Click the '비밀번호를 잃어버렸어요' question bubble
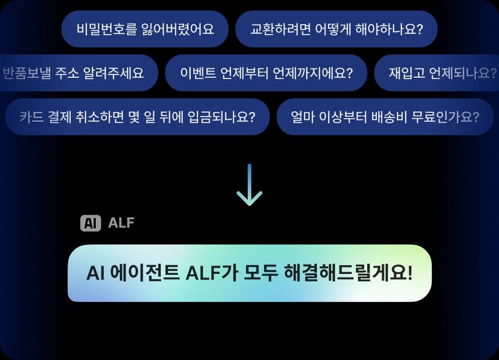(x=145, y=29)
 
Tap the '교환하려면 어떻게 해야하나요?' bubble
(x=336, y=29)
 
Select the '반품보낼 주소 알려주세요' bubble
(x=78, y=73)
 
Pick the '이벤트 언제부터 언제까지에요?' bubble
(x=266, y=73)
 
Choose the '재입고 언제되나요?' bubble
(x=437, y=73)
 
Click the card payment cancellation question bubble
(x=137, y=117)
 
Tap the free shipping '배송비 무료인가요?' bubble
(x=385, y=117)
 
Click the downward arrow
(x=249, y=185)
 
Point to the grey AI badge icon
(x=90, y=223)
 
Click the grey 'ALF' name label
(x=121, y=223)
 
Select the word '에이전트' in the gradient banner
(x=145, y=273)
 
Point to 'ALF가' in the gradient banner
(x=212, y=273)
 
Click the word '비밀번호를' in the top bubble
(x=107, y=29)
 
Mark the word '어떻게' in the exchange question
(x=333, y=29)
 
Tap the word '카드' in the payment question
(x=31, y=117)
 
